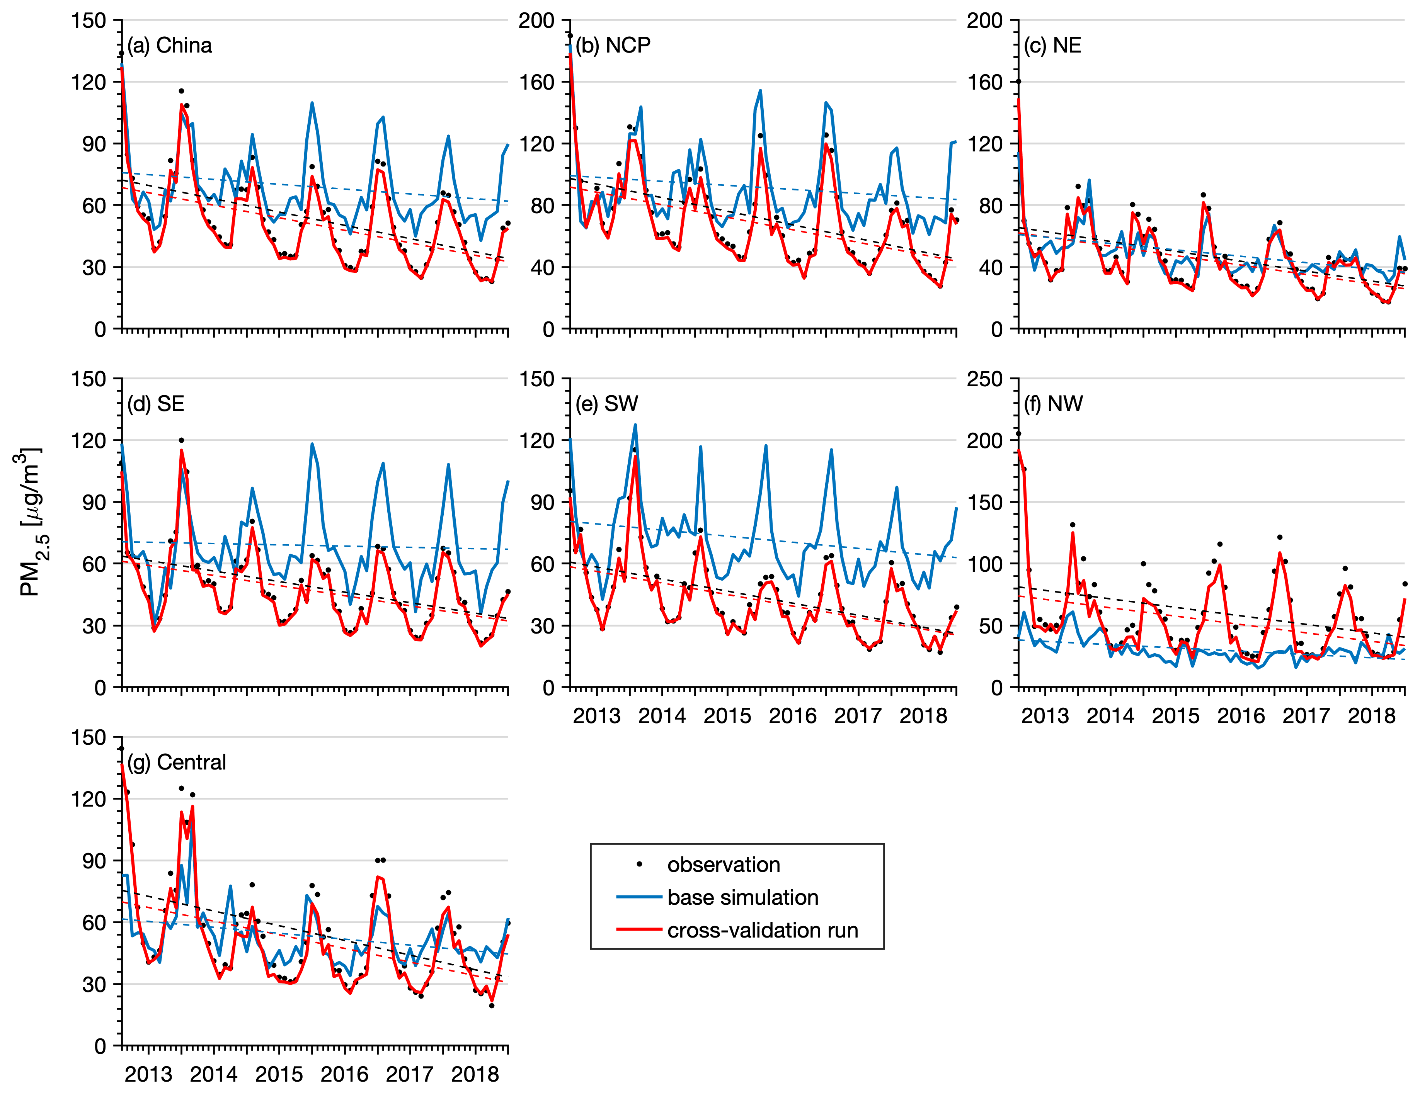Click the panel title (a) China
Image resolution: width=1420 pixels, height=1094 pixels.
coord(170,46)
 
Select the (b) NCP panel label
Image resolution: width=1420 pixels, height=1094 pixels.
coord(613,46)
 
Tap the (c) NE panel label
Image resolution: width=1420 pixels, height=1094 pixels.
coord(1053,46)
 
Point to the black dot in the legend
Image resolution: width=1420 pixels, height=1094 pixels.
coord(640,864)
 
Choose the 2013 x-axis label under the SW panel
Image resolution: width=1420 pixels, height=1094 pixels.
coord(597,716)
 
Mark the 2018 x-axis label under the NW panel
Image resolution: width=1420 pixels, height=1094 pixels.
coord(1372,716)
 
